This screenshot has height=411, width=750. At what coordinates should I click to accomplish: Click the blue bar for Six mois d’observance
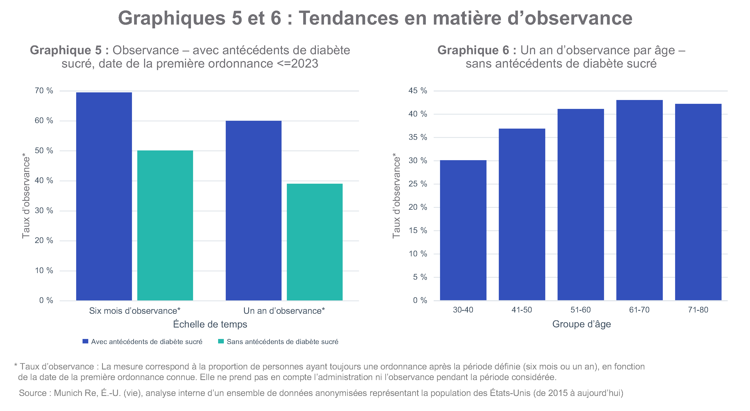104,196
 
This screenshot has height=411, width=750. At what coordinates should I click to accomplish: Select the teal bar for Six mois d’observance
165,225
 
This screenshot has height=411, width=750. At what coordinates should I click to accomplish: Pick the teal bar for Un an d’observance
314,242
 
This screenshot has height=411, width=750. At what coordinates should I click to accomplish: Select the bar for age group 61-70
639,200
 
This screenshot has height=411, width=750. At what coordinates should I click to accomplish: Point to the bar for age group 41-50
522,214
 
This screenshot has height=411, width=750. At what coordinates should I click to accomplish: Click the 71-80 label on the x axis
698,310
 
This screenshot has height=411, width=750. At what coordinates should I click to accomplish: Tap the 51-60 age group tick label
580,310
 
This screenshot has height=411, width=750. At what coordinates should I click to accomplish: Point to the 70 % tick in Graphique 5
44,91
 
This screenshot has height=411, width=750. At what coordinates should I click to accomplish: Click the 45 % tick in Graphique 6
418,91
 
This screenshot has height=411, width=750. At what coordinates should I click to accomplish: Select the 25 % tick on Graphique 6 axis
418,184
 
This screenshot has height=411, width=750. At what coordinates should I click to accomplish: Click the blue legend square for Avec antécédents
85,341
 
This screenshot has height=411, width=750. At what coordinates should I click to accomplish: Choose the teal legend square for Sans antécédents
221,341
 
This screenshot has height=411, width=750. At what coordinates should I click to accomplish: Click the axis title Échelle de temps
210,324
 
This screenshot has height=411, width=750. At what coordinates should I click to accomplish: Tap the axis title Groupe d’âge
581,324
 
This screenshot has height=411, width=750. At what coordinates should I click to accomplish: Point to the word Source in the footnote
33,393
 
